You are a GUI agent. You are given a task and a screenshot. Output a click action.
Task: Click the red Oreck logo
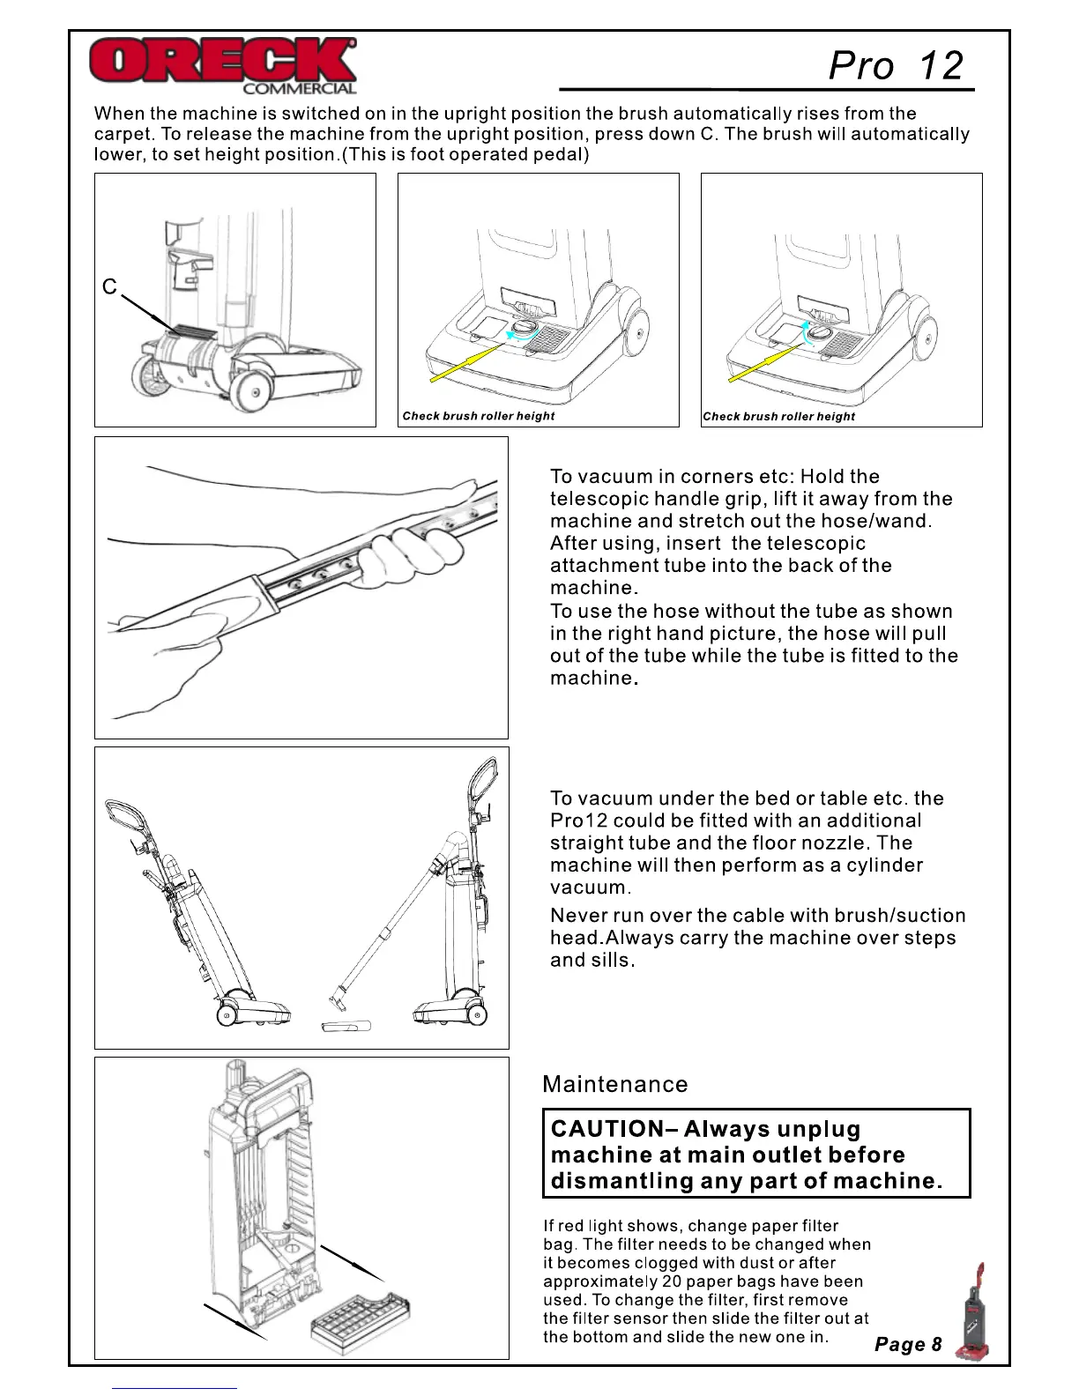click(x=222, y=61)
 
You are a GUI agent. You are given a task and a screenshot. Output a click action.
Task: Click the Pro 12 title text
click(x=896, y=65)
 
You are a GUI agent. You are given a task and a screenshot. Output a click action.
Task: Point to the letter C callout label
click(x=109, y=287)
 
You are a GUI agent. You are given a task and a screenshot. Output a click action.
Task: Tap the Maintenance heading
click(x=614, y=1084)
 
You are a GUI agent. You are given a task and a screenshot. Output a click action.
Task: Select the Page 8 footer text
click(x=907, y=1344)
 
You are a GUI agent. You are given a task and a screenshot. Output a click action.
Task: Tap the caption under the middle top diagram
click(x=479, y=416)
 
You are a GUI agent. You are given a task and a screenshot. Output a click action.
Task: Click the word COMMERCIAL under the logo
click(x=299, y=88)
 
